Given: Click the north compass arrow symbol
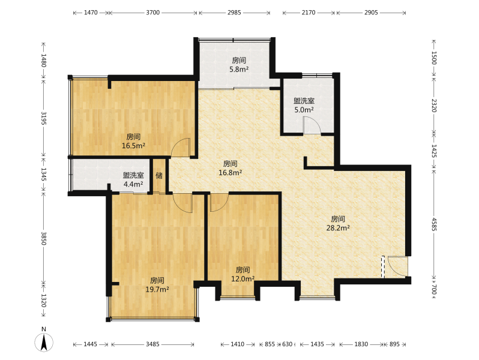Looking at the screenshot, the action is [x=44, y=342].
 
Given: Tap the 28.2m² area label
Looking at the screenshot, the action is [x=338, y=228].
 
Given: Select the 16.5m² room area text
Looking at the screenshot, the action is [x=133, y=146].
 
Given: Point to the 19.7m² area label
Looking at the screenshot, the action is [x=157, y=289].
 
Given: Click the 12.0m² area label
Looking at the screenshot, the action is [x=243, y=279].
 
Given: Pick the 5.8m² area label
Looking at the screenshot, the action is [x=239, y=70].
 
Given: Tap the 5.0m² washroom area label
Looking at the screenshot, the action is [x=304, y=110].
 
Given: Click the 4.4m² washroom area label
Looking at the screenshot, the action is [x=133, y=184].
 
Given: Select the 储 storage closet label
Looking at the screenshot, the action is [x=159, y=176].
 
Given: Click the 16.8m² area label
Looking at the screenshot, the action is [x=230, y=173].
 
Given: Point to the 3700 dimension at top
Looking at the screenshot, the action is [x=152, y=13].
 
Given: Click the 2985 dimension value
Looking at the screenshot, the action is [x=234, y=13].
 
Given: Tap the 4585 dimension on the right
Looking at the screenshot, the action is [x=434, y=224].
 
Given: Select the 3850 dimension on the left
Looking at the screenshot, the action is [x=44, y=238].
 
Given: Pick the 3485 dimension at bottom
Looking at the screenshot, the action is [x=152, y=344].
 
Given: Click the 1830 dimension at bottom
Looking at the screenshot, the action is [x=361, y=344].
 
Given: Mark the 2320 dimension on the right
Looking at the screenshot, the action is [x=434, y=106].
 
